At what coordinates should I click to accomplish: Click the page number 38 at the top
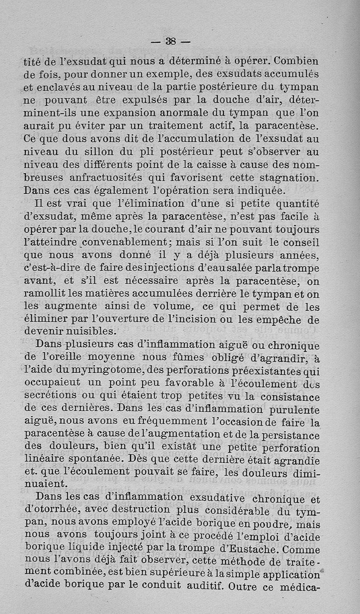coord(171,41)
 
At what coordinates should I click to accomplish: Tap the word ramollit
coord(48,295)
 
